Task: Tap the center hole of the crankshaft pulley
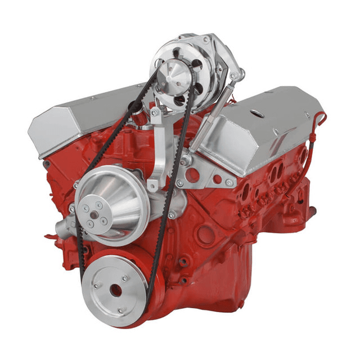click(115, 291)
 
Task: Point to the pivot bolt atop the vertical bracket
click(154, 112)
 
